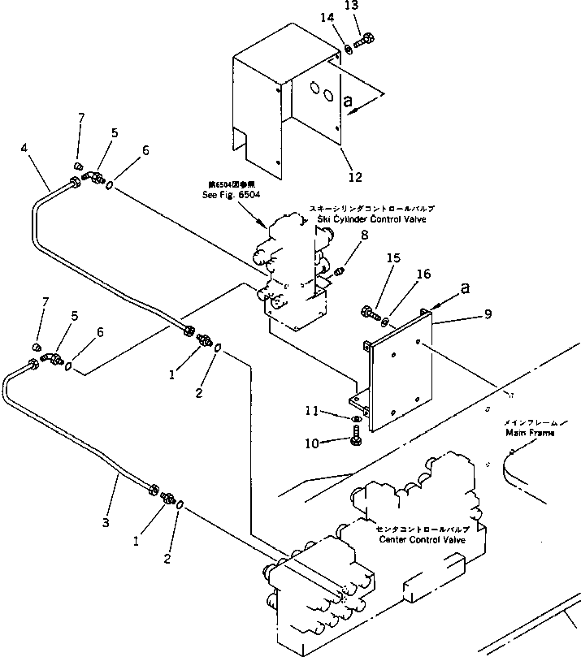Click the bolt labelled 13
tap(364, 37)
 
